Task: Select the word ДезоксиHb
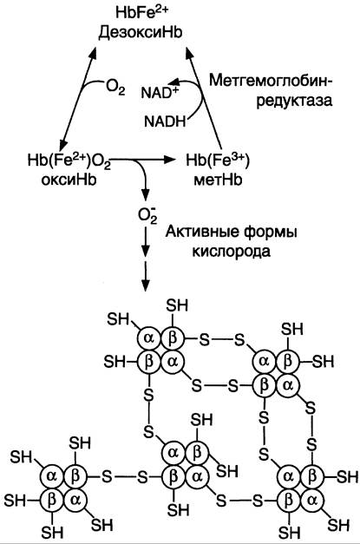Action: pos(141,33)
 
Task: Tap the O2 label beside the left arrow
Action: pos(115,88)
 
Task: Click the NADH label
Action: pos(165,121)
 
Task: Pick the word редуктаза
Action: pos(294,101)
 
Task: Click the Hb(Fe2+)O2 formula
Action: pos(69,161)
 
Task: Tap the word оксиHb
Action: pos(69,180)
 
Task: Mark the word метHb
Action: pos(218,180)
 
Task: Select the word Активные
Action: pos(200,231)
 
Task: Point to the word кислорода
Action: pos(231,251)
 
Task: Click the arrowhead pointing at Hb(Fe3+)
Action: pos(168,160)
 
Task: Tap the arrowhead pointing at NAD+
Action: pos(175,82)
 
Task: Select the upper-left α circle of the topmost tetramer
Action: pos(149,338)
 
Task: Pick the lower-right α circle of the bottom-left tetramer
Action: pos(75,500)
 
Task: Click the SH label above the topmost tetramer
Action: pos(177,305)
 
